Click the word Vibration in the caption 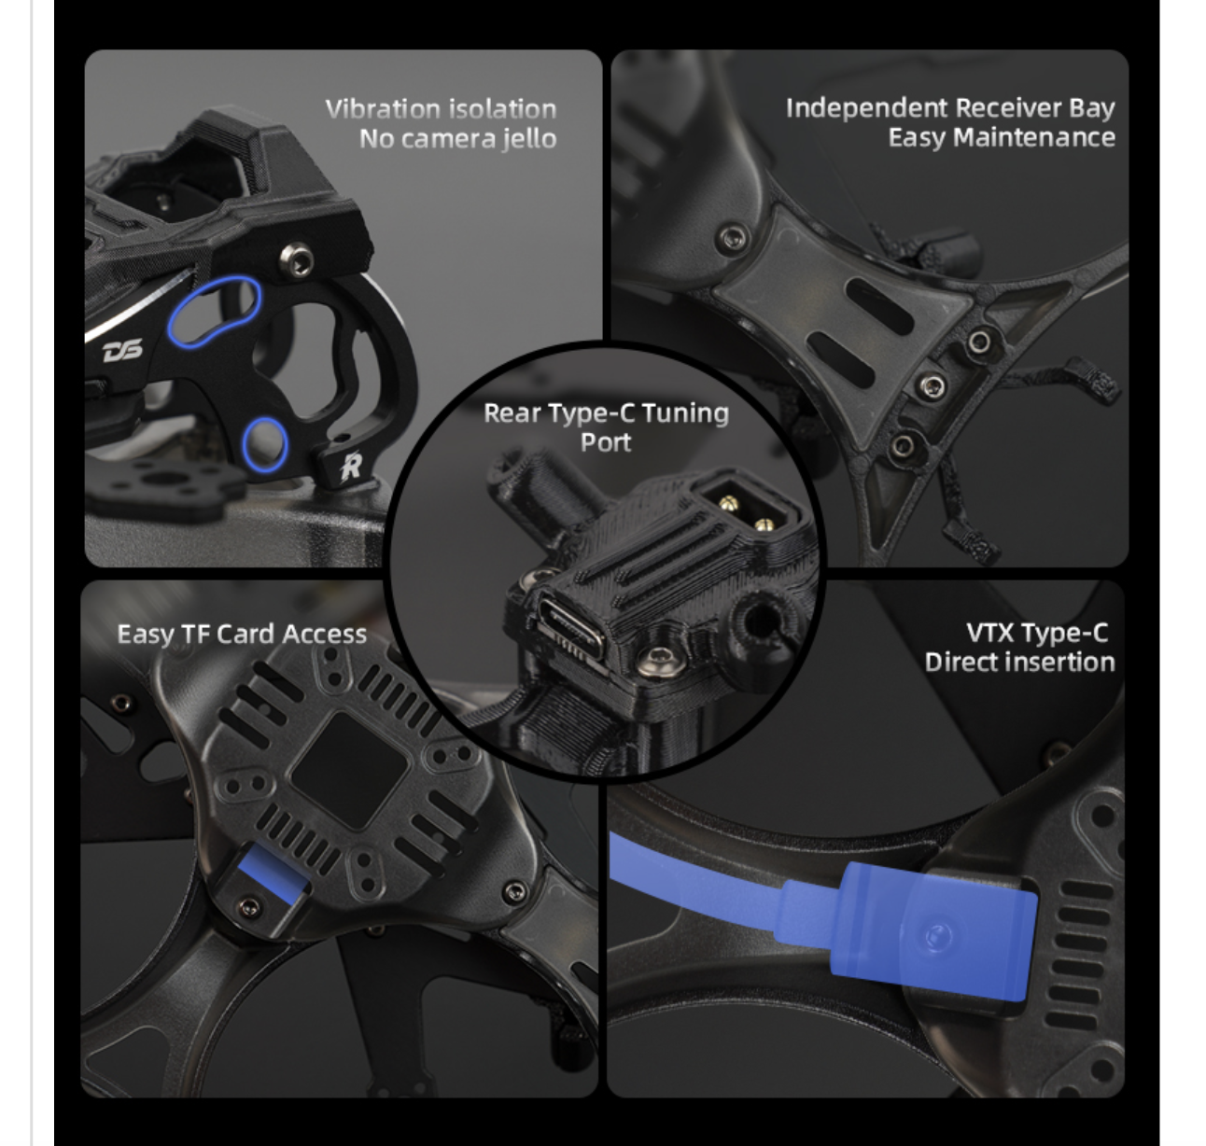click(x=382, y=108)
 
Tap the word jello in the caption click(x=529, y=139)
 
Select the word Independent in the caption click(x=867, y=108)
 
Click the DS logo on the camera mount click(x=122, y=350)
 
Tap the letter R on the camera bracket click(x=351, y=467)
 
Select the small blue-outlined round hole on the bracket click(x=265, y=445)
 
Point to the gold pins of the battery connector click(x=746, y=513)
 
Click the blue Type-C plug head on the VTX click(x=933, y=932)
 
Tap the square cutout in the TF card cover click(x=349, y=770)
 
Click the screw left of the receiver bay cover click(x=733, y=237)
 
